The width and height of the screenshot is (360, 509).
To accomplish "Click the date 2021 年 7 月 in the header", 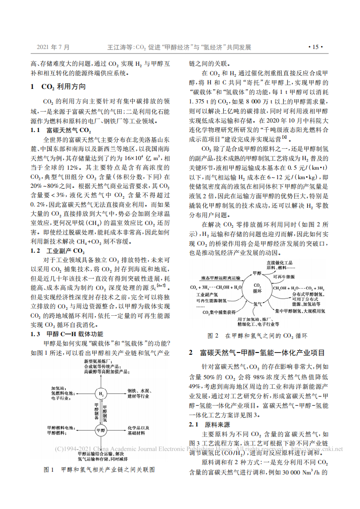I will [53, 47].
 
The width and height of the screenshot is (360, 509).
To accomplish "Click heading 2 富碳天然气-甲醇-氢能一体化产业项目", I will [257, 352].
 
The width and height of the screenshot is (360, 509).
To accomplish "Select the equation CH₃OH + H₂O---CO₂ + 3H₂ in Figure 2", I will [298, 288].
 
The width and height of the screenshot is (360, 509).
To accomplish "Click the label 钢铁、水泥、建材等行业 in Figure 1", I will [138, 393].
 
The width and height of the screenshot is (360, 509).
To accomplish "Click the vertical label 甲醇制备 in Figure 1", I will [96, 411].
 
